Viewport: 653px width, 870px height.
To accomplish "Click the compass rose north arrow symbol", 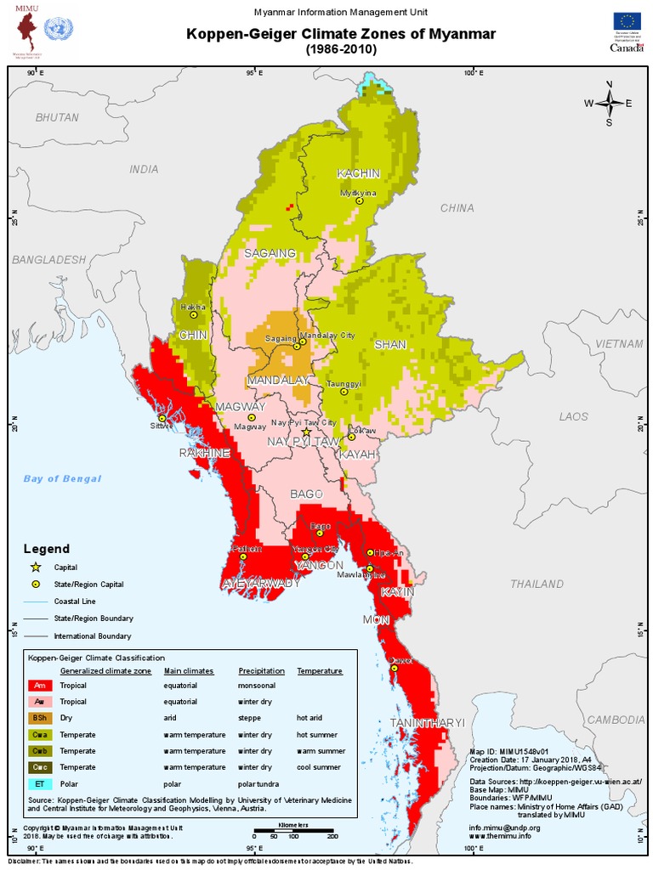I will click(609, 103).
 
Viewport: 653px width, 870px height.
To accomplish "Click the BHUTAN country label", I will click(57, 117).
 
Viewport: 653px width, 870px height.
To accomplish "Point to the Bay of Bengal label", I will click(62, 478).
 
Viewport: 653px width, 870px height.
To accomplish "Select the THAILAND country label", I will click(537, 584).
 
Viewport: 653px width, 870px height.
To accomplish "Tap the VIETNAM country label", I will click(619, 343).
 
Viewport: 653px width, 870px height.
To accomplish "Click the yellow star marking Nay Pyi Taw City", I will click(306, 432).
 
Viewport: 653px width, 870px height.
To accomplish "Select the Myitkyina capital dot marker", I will click(360, 201).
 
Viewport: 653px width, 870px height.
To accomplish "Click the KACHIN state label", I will click(358, 173).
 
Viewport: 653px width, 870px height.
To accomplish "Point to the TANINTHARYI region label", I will click(428, 722).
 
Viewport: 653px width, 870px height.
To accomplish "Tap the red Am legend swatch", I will click(40, 686).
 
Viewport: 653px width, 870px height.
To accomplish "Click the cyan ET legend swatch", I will click(40, 782).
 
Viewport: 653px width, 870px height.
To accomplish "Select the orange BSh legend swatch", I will click(40, 718).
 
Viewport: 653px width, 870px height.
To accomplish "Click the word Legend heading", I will click(47, 549).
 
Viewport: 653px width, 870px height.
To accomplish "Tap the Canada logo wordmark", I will click(627, 48).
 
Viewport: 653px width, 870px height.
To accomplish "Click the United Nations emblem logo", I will click(59, 31).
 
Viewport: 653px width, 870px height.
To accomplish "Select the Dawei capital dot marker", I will click(395, 668).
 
